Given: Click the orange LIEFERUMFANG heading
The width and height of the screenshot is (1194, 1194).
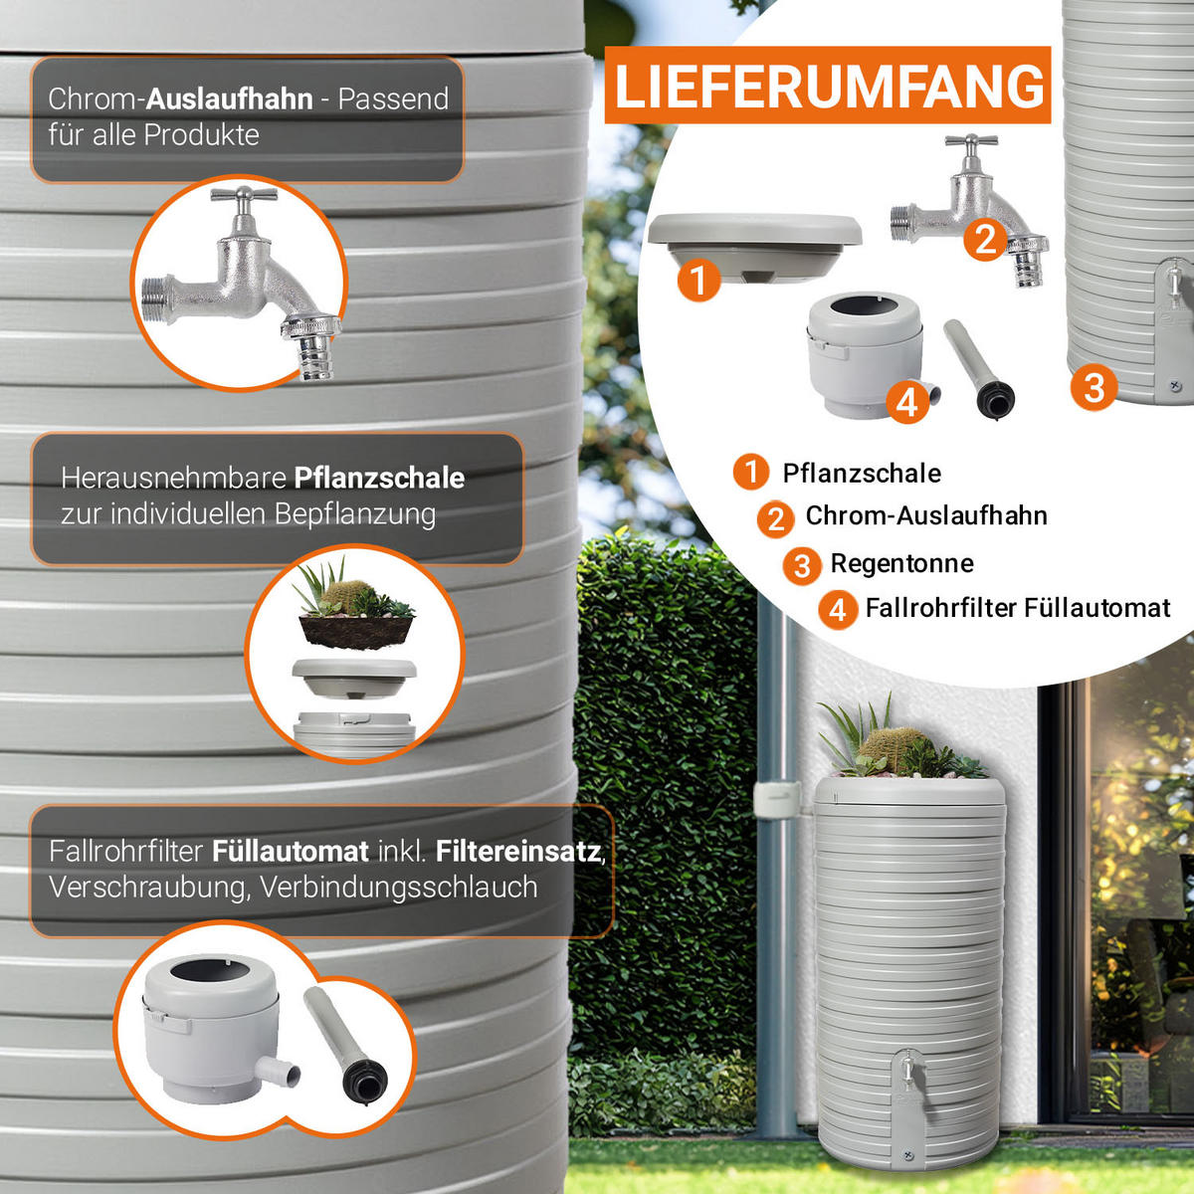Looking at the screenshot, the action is click(828, 85).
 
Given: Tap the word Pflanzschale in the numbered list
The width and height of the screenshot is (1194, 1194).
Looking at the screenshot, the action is click(862, 474).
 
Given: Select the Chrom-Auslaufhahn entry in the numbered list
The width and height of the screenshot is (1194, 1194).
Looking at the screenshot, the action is click(926, 515).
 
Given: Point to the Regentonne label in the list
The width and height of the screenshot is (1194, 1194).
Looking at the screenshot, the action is click(901, 563).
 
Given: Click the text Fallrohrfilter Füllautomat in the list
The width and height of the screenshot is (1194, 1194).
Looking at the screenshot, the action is click(1018, 608).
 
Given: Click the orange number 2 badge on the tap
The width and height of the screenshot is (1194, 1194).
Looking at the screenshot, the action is click(985, 240).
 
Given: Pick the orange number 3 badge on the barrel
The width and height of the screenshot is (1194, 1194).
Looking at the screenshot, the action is click(1094, 388).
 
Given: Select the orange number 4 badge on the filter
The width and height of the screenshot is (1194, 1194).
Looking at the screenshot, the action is click(907, 403).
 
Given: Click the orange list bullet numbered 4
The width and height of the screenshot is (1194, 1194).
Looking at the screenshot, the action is click(838, 610).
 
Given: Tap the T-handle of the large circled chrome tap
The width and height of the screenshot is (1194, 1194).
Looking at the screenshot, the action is click(244, 195).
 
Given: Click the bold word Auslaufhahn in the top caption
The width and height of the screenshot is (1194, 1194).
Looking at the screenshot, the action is click(229, 99).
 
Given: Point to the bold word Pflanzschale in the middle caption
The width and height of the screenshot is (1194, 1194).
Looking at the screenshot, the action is click(379, 479).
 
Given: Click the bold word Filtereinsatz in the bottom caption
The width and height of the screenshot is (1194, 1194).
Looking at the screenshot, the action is click(518, 852).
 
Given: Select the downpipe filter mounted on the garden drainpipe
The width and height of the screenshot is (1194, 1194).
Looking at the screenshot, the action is click(776, 799).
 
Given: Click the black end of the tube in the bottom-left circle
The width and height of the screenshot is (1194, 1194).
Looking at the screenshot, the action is click(365, 1081).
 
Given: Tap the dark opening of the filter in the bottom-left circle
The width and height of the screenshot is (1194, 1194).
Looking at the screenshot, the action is click(210, 970).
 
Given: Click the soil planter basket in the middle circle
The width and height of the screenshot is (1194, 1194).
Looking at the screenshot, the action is click(356, 631).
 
